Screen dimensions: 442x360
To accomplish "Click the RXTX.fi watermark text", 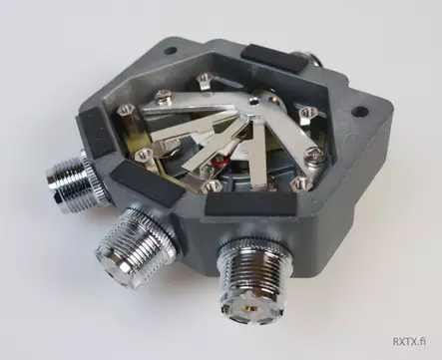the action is (409, 341).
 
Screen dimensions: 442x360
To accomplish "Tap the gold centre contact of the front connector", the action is (247, 307).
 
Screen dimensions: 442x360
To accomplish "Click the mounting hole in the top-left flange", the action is (171, 51).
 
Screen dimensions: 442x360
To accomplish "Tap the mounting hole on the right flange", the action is (359, 112).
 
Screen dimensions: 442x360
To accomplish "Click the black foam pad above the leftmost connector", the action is (95, 132).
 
